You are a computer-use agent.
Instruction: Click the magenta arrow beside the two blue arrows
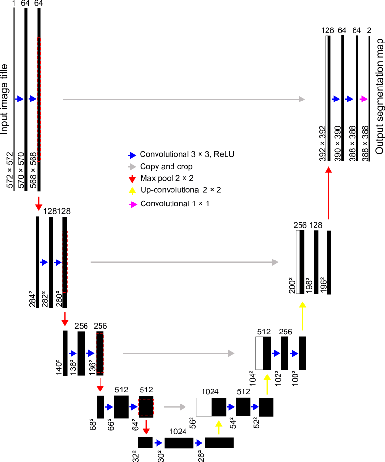[364, 99]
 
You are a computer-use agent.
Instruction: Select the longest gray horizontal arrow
[184, 99]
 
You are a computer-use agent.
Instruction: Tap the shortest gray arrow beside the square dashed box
[175, 407]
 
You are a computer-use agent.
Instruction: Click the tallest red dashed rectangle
[39, 99]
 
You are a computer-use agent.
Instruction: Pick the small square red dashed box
[146, 407]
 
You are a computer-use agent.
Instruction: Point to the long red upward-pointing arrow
[328, 193]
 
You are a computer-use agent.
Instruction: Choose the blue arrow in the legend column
[132, 155]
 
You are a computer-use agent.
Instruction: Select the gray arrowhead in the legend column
[132, 167]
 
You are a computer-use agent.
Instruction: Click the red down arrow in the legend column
[132, 179]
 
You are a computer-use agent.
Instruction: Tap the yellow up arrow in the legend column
[132, 191]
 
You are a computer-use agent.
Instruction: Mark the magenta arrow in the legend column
[133, 205]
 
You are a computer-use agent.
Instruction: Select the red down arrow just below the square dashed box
[146, 427]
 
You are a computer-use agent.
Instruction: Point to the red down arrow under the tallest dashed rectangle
[39, 203]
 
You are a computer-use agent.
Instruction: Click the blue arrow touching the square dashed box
[134, 407]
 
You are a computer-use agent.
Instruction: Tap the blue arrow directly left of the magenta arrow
[349, 99]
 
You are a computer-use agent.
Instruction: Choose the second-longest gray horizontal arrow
[184, 262]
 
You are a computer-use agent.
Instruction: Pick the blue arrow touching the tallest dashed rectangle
[32, 99]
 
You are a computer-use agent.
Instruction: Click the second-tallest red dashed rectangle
[65, 261]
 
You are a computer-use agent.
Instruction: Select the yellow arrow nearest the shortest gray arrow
[219, 427]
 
